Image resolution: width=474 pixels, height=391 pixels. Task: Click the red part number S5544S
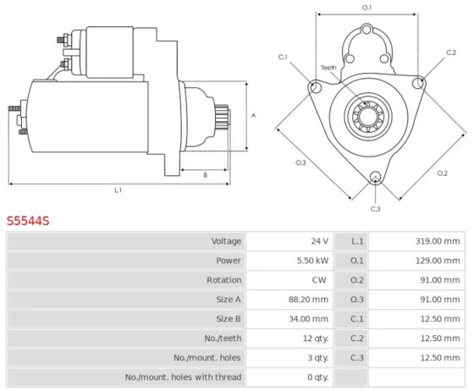pyautogui.click(x=28, y=221)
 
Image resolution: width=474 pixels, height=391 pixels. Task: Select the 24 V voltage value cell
pyautogui.click(x=320, y=241)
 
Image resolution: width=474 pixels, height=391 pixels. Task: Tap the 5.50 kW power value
pyautogui.click(x=312, y=261)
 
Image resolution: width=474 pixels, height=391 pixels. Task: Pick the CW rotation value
pyautogui.click(x=319, y=280)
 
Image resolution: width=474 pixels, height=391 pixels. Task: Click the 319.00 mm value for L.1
pyautogui.click(x=438, y=241)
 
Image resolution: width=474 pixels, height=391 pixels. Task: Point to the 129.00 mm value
pyautogui.click(x=438, y=261)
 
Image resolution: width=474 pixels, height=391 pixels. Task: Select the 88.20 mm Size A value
pyautogui.click(x=308, y=300)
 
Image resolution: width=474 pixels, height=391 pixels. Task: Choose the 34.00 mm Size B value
pyautogui.click(x=308, y=319)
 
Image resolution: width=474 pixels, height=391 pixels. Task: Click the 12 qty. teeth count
pyautogui.click(x=316, y=339)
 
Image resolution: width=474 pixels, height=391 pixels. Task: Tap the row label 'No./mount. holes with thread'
pyautogui.click(x=183, y=377)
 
